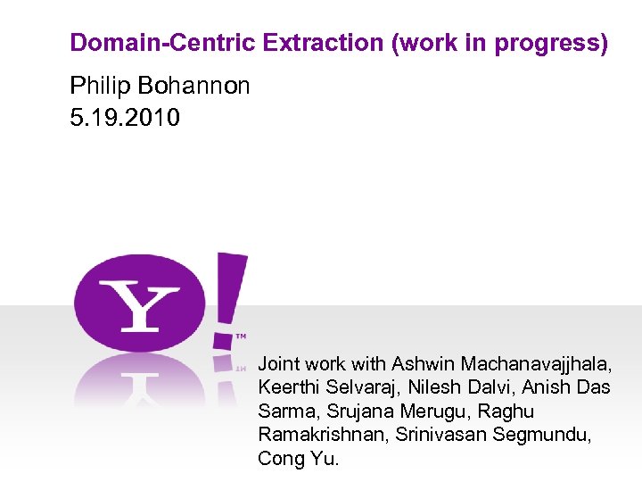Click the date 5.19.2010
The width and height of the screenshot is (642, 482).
click(125, 116)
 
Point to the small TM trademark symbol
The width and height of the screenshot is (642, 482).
click(241, 337)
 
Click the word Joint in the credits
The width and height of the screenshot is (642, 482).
click(279, 364)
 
